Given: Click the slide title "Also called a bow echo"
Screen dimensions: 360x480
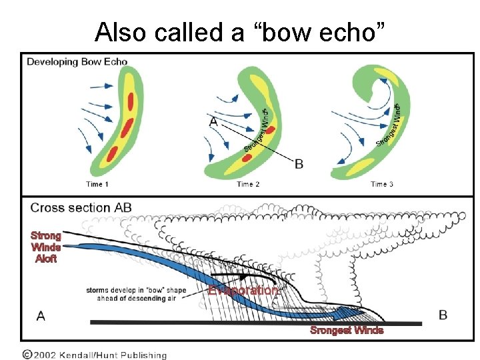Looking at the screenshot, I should pyautogui.click(x=240, y=31).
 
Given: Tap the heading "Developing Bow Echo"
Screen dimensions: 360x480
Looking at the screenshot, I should pyautogui.click(x=77, y=62).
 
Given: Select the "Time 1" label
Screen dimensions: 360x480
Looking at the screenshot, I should pyautogui.click(x=97, y=184).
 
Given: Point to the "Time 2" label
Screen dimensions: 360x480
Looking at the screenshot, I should pyautogui.click(x=248, y=184).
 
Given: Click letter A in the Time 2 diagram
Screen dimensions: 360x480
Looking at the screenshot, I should pyautogui.click(x=213, y=121).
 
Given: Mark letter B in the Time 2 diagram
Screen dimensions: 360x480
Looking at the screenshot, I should pyautogui.click(x=299, y=163).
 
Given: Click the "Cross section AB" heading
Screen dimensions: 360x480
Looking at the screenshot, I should pyautogui.click(x=81, y=207).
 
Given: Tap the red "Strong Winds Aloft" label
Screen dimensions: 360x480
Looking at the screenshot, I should pyautogui.click(x=46, y=247).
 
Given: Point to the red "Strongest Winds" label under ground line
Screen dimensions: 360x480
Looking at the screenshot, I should pyautogui.click(x=347, y=330).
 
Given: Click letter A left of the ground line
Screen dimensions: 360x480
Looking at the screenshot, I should pyautogui.click(x=41, y=315).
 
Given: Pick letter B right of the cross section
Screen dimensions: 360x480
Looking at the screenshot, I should pyautogui.click(x=443, y=315).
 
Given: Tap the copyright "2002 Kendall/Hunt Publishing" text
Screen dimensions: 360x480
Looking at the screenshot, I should pyautogui.click(x=93, y=355).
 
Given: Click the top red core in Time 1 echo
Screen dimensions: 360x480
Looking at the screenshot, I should pyautogui.click(x=131, y=100).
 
